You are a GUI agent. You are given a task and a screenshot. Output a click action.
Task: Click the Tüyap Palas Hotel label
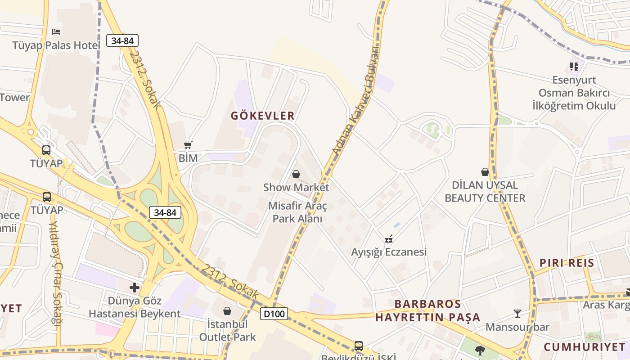coord(56,45)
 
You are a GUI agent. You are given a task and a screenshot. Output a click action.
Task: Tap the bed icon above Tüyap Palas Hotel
coord(56,31)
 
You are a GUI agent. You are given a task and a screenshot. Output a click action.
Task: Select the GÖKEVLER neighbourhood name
coord(263,116)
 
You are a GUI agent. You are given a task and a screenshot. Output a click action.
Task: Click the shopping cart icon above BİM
coord(188,145)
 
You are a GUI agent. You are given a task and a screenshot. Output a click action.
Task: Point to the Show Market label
coord(296,187)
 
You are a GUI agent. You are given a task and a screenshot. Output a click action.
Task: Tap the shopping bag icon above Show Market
coord(296,174)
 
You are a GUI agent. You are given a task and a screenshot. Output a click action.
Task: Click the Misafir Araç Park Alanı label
coord(297,212)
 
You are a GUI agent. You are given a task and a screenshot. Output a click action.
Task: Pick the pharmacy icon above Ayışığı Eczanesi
coord(389,239)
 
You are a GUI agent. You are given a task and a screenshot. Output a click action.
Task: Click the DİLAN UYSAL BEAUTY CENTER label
coord(485,192)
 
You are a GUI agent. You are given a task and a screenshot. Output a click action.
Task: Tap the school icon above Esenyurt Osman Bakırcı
coord(574,67)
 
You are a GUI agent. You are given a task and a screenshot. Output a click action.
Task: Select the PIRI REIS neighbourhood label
coord(567,263)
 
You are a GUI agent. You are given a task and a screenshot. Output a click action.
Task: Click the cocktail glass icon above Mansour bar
coord(517,313)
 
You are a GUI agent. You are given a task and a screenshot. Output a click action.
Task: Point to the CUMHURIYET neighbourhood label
coord(585,347)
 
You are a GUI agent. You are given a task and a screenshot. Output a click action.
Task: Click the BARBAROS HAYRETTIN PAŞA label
coord(427,310)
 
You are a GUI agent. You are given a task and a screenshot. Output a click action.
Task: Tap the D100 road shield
coord(274,313)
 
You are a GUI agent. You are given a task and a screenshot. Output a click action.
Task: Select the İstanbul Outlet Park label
coord(227,330)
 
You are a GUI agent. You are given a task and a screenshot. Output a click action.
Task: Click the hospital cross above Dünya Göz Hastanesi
coord(134,287)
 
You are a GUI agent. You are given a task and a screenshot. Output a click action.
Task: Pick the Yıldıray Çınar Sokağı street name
coord(55,271)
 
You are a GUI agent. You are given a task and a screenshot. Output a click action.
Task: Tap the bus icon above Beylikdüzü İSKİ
coord(358,346)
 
